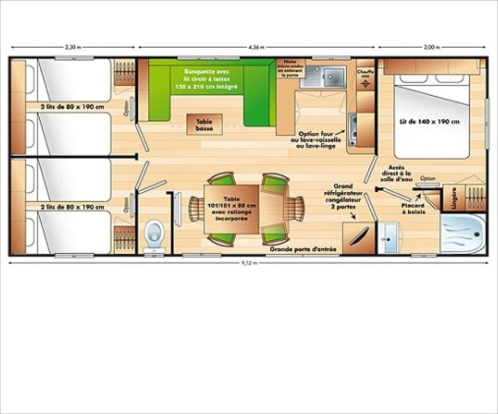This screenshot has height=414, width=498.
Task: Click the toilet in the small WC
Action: tap(154, 234)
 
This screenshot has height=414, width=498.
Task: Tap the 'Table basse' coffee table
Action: tap(204, 124)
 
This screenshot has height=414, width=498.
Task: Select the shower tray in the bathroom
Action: tap(463, 234)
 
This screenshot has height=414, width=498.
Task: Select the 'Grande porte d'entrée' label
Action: tap(303, 249)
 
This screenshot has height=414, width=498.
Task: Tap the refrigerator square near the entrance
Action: tap(359, 237)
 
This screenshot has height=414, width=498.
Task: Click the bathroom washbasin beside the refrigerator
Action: tap(388, 237)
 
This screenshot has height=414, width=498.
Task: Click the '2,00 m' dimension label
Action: tap(432, 48)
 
